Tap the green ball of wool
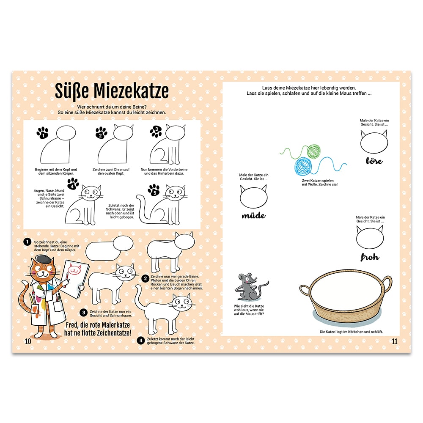tap(313, 151)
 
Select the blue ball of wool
tap(303, 166)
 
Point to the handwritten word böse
tap(374, 161)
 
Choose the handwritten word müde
tap(253, 216)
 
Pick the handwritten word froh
tap(370, 257)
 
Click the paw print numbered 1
tap(42, 133)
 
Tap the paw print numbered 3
tap(156, 132)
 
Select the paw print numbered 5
tap(154, 190)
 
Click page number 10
tap(28, 341)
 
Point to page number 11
tap(395, 341)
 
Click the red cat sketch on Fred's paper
tap(74, 269)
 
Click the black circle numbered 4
tap(140, 341)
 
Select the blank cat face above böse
tap(374, 142)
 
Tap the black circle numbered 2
tap(146, 278)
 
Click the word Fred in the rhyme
tap(71, 325)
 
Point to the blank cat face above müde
tap(253, 197)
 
